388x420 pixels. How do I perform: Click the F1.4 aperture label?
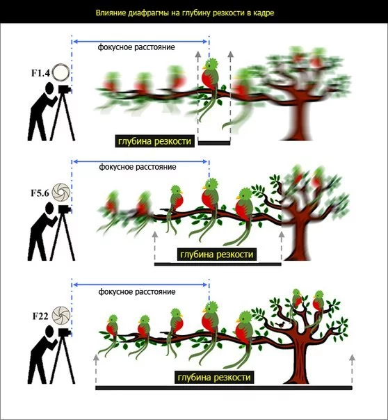tap(40, 73)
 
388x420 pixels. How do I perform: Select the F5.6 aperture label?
tap(40, 193)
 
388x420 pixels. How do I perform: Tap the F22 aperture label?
tap(40, 316)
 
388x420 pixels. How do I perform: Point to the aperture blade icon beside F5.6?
tap(61, 192)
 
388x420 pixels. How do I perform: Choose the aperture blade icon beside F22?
tap(61, 315)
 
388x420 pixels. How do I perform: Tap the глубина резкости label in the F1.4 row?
tap(155, 141)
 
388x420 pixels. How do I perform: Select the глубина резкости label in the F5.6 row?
tap(217, 255)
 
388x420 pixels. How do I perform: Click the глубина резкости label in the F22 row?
tap(214, 378)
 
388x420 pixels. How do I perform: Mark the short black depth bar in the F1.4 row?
tap(214, 143)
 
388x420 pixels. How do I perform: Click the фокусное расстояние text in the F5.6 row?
tap(138, 167)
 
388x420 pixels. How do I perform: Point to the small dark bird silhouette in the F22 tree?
tap(281, 325)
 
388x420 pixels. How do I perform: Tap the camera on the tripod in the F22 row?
tap(64, 332)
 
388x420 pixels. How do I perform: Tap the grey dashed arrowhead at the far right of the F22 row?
tap(352, 357)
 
